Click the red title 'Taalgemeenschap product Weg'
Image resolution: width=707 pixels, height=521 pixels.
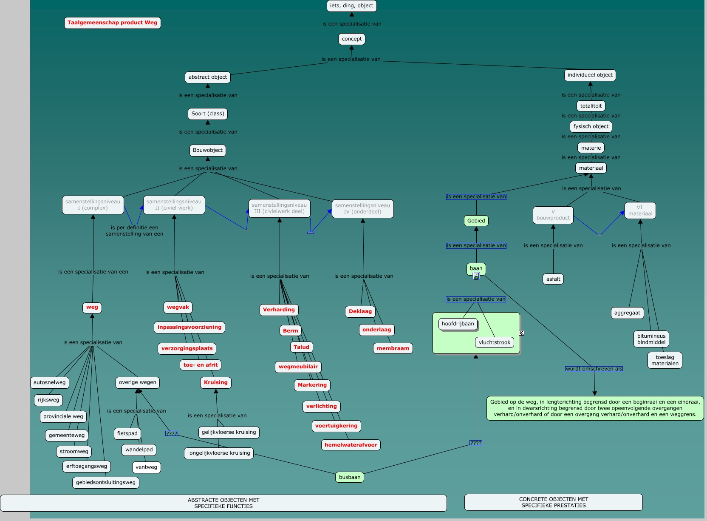[112, 23]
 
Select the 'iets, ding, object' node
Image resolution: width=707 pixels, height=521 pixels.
[351, 6]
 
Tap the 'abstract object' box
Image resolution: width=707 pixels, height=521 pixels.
[208, 77]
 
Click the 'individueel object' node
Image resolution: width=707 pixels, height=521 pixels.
[590, 75]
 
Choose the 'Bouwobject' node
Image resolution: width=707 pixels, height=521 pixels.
[208, 151]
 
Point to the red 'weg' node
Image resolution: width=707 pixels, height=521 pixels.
[92, 307]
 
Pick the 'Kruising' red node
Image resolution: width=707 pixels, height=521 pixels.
[216, 383]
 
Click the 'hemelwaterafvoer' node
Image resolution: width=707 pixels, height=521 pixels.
[351, 445]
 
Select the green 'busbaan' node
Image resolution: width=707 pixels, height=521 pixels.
[350, 477]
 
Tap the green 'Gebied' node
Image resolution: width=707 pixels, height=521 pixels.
[476, 221]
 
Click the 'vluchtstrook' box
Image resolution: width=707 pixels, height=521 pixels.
[494, 343]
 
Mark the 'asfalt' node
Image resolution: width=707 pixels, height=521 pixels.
[553, 279]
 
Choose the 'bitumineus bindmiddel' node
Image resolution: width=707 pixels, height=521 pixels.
[651, 339]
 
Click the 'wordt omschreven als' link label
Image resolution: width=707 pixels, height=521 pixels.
[594, 369]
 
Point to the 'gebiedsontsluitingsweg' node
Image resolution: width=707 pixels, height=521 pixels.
[106, 483]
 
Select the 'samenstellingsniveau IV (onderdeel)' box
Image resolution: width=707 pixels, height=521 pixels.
[362, 209]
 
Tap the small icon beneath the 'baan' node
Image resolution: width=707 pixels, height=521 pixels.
[476, 276]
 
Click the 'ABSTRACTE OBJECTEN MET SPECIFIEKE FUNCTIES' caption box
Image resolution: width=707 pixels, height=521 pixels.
[223, 503]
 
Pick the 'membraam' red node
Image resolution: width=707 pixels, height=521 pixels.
[393, 349]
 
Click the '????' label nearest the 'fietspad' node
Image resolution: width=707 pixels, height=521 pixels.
[172, 433]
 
